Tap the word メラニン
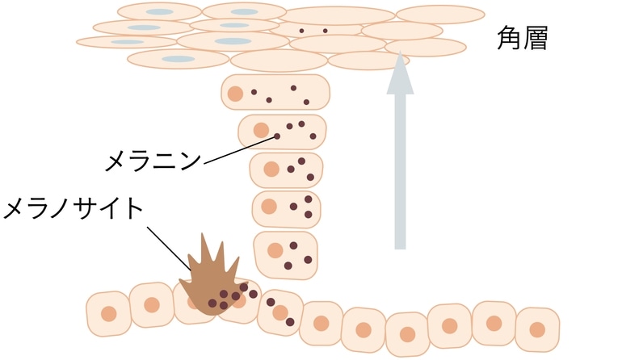coord(153,161)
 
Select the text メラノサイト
coord(74,208)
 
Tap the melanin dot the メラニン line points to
coord(277,136)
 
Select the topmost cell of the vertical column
coord(275,93)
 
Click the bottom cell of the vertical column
coord(284,253)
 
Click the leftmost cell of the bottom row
coord(107,313)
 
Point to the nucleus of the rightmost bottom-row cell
coord(537,329)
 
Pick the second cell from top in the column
coord(282,132)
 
